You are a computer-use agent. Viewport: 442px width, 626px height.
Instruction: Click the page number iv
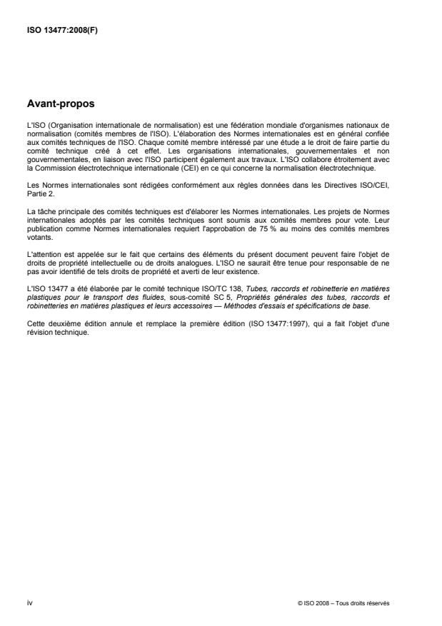[x=29, y=602]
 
